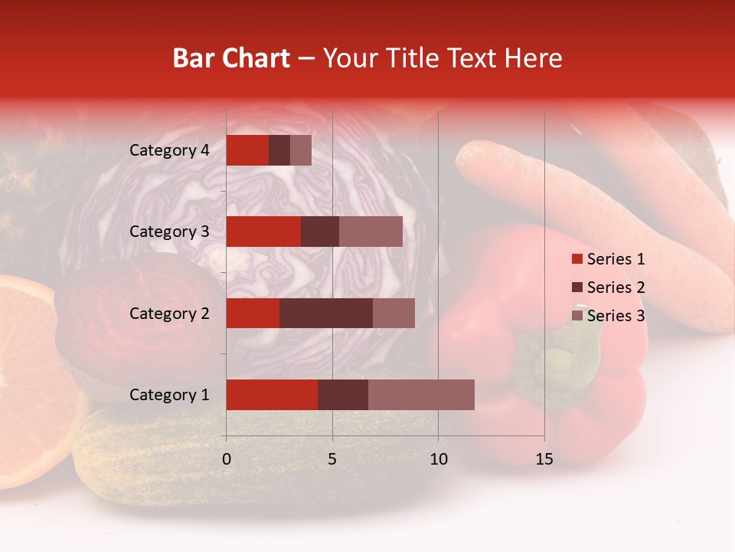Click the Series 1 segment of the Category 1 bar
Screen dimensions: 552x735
click(272, 394)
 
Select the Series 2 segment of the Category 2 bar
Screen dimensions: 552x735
click(325, 313)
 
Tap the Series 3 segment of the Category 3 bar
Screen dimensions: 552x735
click(371, 232)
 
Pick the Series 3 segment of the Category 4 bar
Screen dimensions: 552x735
click(301, 150)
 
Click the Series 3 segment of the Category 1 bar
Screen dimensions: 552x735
click(421, 394)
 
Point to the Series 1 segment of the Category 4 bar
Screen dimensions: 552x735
click(247, 150)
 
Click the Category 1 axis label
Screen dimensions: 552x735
click(169, 395)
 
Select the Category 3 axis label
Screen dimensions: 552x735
click(169, 232)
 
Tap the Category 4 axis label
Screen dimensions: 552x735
click(169, 150)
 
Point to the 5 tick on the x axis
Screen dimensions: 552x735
click(332, 459)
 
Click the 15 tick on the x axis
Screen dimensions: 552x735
click(544, 459)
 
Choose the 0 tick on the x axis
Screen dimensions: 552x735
click(226, 459)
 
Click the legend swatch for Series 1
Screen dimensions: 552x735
click(577, 259)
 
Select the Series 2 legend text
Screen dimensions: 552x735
click(616, 287)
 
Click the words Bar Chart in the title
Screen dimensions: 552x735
click(230, 58)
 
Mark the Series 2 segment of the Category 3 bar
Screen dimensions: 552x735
click(320, 232)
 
